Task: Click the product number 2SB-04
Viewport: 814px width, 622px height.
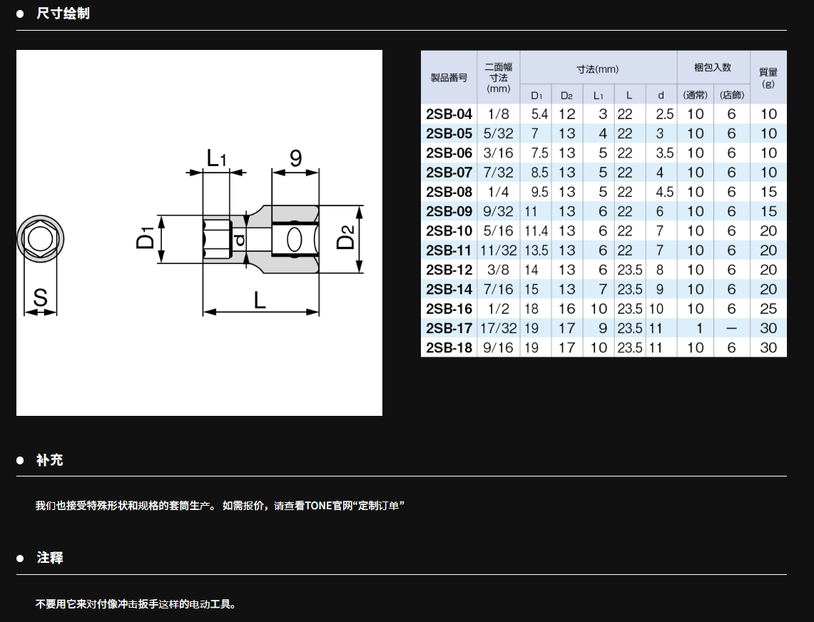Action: point(449,114)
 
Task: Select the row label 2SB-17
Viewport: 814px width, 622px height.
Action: point(449,328)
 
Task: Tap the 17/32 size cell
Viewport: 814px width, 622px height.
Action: point(499,328)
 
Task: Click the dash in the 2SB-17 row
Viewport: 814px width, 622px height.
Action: point(731,328)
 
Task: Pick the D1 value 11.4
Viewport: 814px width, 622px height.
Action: point(536,231)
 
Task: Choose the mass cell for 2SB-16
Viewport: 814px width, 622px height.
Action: point(768,309)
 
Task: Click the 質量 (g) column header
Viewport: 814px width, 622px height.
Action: point(768,77)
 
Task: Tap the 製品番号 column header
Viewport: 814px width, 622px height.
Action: point(449,78)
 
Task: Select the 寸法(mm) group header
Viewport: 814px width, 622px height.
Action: point(598,69)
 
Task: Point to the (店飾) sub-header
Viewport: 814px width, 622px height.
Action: point(731,95)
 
